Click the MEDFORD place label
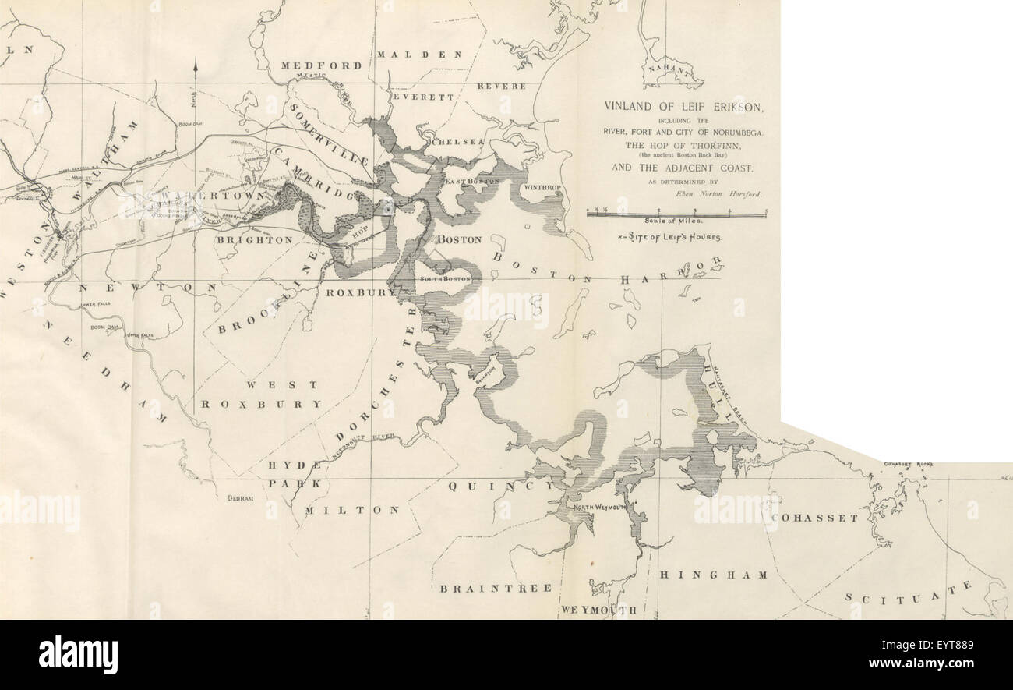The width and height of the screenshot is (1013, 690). pyautogui.click(x=321, y=66)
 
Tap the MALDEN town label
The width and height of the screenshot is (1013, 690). pyautogui.click(x=420, y=55)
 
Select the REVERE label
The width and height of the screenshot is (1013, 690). pyautogui.click(x=501, y=86)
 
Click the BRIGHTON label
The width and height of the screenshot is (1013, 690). pyautogui.click(x=254, y=240)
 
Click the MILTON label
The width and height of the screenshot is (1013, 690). pyautogui.click(x=351, y=510)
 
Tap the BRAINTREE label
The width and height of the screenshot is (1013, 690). pyautogui.click(x=496, y=588)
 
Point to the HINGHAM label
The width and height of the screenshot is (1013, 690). pyautogui.click(x=713, y=575)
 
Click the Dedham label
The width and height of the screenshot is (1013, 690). pyautogui.click(x=241, y=498)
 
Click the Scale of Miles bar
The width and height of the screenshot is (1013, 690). pyautogui.click(x=676, y=214)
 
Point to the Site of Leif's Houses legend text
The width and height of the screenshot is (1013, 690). pyautogui.click(x=668, y=236)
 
